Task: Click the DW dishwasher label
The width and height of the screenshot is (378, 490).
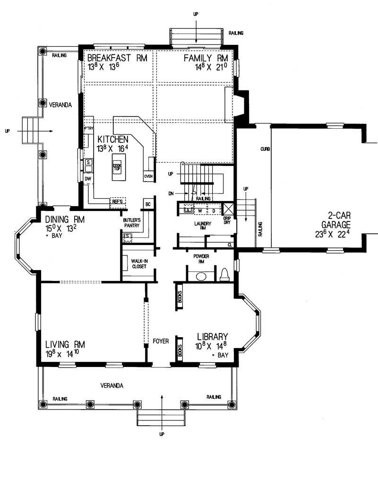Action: pos(87,178)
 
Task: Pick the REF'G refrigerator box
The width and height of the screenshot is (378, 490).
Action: pos(117,201)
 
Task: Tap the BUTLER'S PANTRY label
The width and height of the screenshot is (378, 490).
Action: pos(132,223)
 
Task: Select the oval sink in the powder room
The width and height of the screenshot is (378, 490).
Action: pos(202,276)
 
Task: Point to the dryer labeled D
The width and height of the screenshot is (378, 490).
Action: pos(213,210)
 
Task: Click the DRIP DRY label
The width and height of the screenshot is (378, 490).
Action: pos(227,220)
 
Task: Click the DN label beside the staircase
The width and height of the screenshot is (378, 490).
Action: pos(171,193)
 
